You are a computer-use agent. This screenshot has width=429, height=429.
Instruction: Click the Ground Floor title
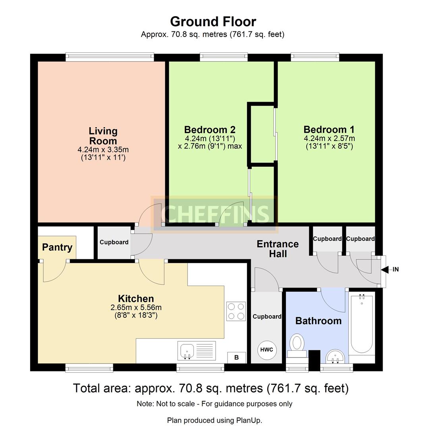[213, 21]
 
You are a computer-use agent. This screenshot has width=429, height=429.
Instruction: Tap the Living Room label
[103, 136]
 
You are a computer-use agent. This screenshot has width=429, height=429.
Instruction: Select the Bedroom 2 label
[210, 129]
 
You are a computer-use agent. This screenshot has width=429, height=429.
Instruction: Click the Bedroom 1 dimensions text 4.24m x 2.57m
[329, 138]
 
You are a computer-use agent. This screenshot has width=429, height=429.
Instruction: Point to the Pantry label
[57, 247]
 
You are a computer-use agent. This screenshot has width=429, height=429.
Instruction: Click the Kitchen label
[136, 299]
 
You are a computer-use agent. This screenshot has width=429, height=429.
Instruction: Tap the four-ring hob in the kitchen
[236, 311]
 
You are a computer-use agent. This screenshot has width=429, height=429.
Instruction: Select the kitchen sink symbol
[187, 350]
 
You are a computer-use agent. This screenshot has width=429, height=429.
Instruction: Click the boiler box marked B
[236, 357]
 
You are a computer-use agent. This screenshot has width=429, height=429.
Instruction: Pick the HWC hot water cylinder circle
[267, 350]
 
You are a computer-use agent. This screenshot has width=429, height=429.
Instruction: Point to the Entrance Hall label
[278, 249]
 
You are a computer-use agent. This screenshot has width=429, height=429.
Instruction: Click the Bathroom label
[318, 321]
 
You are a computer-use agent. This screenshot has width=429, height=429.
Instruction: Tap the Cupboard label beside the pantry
[114, 242]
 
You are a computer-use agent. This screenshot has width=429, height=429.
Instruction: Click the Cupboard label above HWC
[267, 317]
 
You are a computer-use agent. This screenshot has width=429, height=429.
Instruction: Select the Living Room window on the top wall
[110, 57]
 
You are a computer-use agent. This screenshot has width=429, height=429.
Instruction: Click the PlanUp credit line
[214, 420]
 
